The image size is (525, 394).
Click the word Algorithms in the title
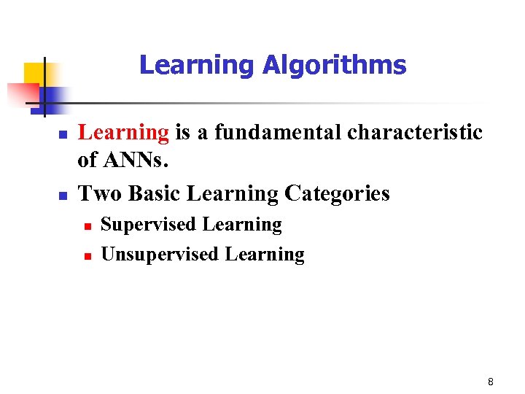pos(334,66)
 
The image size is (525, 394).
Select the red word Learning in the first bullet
pos(123,133)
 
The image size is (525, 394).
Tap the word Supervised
pos(149,225)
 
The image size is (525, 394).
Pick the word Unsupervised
pos(160,255)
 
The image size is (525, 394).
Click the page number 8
pos(491,382)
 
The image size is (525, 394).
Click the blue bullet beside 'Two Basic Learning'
pos(63,196)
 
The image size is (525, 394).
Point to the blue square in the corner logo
pos(52,96)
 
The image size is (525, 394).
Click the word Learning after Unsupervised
pos(265,255)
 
